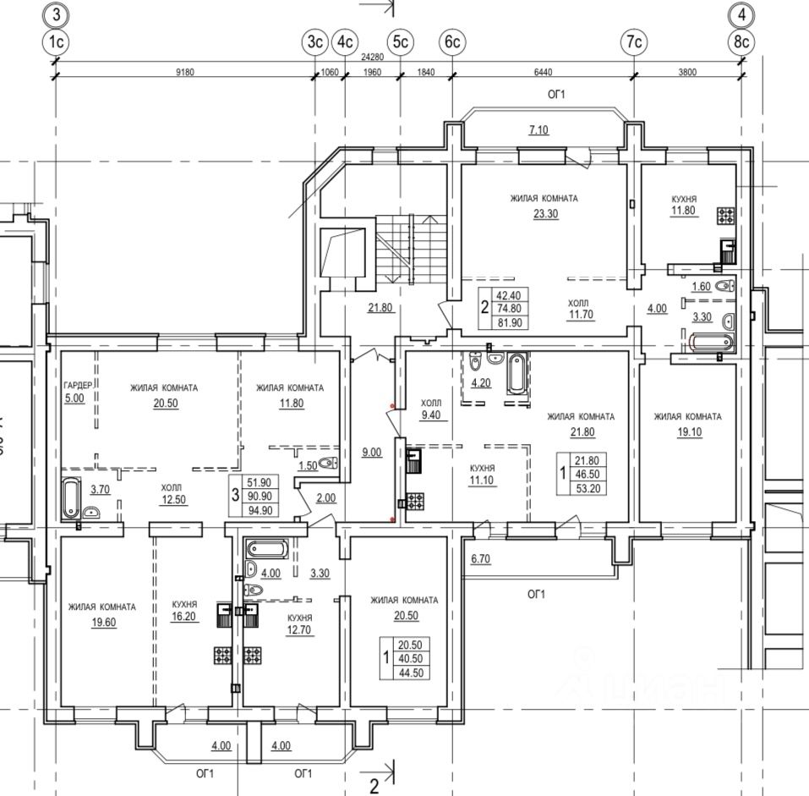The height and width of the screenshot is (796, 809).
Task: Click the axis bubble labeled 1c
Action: point(56,41)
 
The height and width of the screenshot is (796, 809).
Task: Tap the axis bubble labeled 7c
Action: point(634,41)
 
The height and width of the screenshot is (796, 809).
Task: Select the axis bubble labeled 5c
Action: point(400,41)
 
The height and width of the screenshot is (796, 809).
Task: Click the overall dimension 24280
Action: point(373,58)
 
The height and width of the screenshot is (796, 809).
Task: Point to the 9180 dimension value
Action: point(184,72)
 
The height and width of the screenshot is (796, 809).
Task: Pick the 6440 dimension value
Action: point(542,72)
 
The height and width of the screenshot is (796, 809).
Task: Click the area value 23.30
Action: point(544,214)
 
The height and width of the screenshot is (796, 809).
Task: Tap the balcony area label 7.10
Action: point(538,129)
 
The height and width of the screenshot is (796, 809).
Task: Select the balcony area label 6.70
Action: point(480,559)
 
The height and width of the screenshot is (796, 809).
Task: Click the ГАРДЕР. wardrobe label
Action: point(77,387)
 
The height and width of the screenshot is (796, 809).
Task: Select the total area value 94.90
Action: point(258,510)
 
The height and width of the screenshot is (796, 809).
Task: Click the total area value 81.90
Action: point(508,322)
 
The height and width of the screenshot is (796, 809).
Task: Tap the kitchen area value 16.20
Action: point(184,618)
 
